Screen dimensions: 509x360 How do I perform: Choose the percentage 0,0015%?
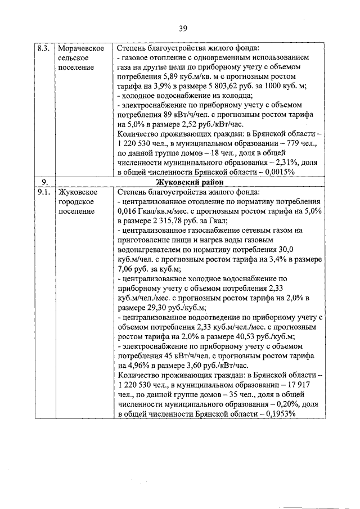coord(277,172)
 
